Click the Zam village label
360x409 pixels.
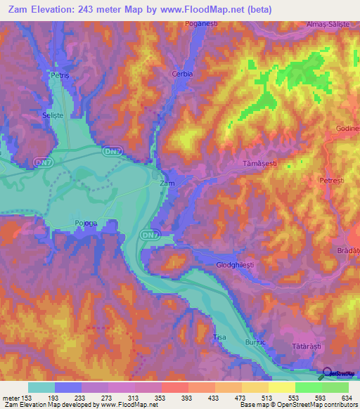167,183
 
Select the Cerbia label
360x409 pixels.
181,74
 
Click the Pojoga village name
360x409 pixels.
85,224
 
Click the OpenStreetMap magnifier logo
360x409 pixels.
325,373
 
